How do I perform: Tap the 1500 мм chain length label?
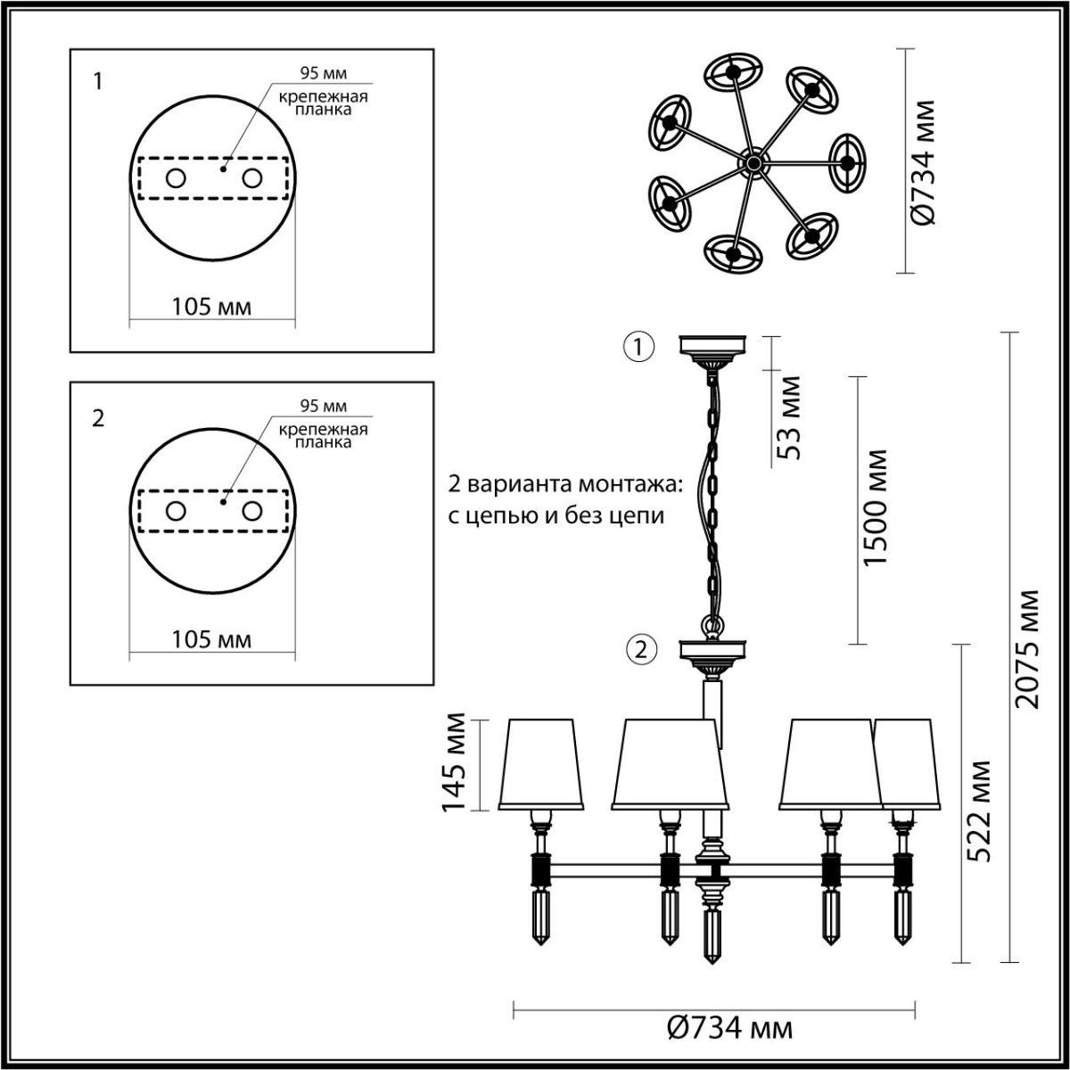[x=877, y=507]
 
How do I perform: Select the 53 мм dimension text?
[x=789, y=417]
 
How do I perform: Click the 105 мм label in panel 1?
[x=211, y=308]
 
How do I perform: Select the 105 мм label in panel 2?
[x=211, y=639]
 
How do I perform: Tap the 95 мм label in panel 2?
[x=323, y=407]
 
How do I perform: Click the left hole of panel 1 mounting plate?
[x=175, y=178]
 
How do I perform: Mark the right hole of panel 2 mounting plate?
[x=252, y=511]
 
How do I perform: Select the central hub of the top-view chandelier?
[x=754, y=162]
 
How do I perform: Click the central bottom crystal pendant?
[x=712, y=934]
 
